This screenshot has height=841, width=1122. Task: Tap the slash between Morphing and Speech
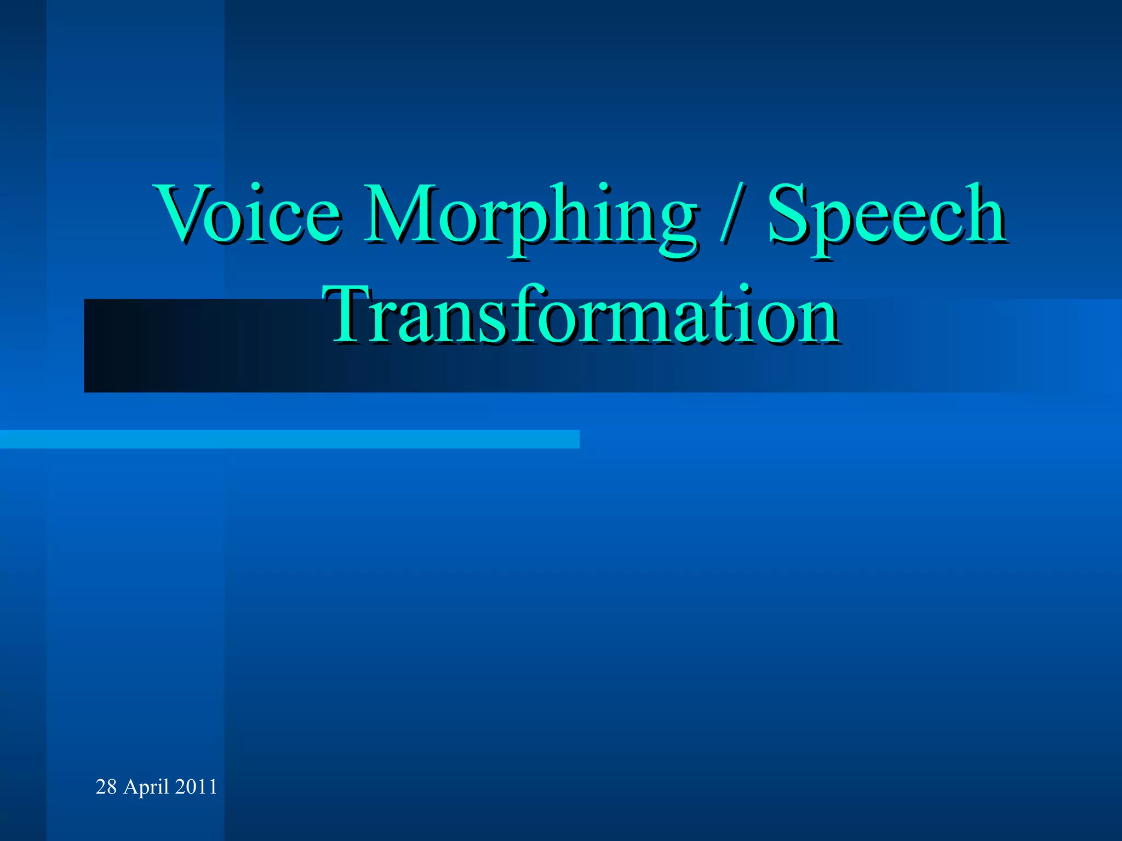(732, 215)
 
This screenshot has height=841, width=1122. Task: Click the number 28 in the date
(106, 787)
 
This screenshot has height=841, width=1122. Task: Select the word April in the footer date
(146, 787)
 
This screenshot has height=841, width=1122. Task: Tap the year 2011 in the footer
(196, 787)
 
